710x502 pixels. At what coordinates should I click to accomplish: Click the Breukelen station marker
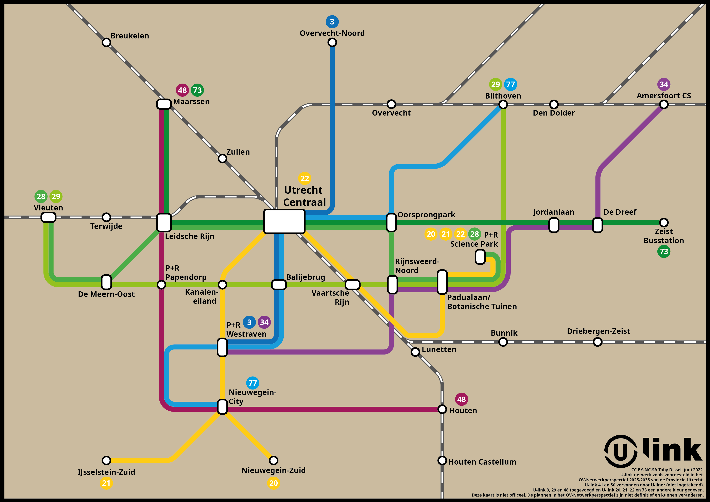click(x=106, y=42)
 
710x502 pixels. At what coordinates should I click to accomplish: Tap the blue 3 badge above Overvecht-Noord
click(x=332, y=22)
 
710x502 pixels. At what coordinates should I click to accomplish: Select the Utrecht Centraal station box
click(x=284, y=221)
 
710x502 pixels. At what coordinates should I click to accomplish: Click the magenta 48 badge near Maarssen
click(x=183, y=90)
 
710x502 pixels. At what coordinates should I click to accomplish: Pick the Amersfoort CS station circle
click(x=664, y=105)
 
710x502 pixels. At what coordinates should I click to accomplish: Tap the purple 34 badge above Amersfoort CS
click(x=664, y=84)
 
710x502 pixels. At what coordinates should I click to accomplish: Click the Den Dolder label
click(x=554, y=113)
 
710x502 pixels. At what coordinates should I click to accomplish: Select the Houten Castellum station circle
click(x=442, y=460)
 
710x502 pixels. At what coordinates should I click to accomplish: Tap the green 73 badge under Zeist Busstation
click(x=664, y=252)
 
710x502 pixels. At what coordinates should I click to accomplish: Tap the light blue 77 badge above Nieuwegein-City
click(x=253, y=383)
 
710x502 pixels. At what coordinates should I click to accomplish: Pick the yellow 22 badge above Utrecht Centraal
click(x=305, y=178)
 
